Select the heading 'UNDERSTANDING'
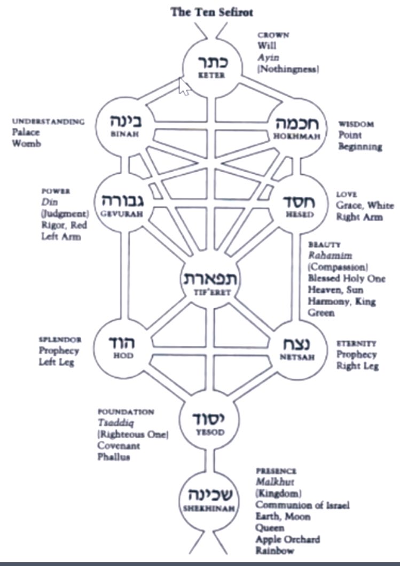point(48,122)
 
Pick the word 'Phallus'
point(114,457)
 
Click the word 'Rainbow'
point(274,551)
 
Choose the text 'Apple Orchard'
point(288,539)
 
